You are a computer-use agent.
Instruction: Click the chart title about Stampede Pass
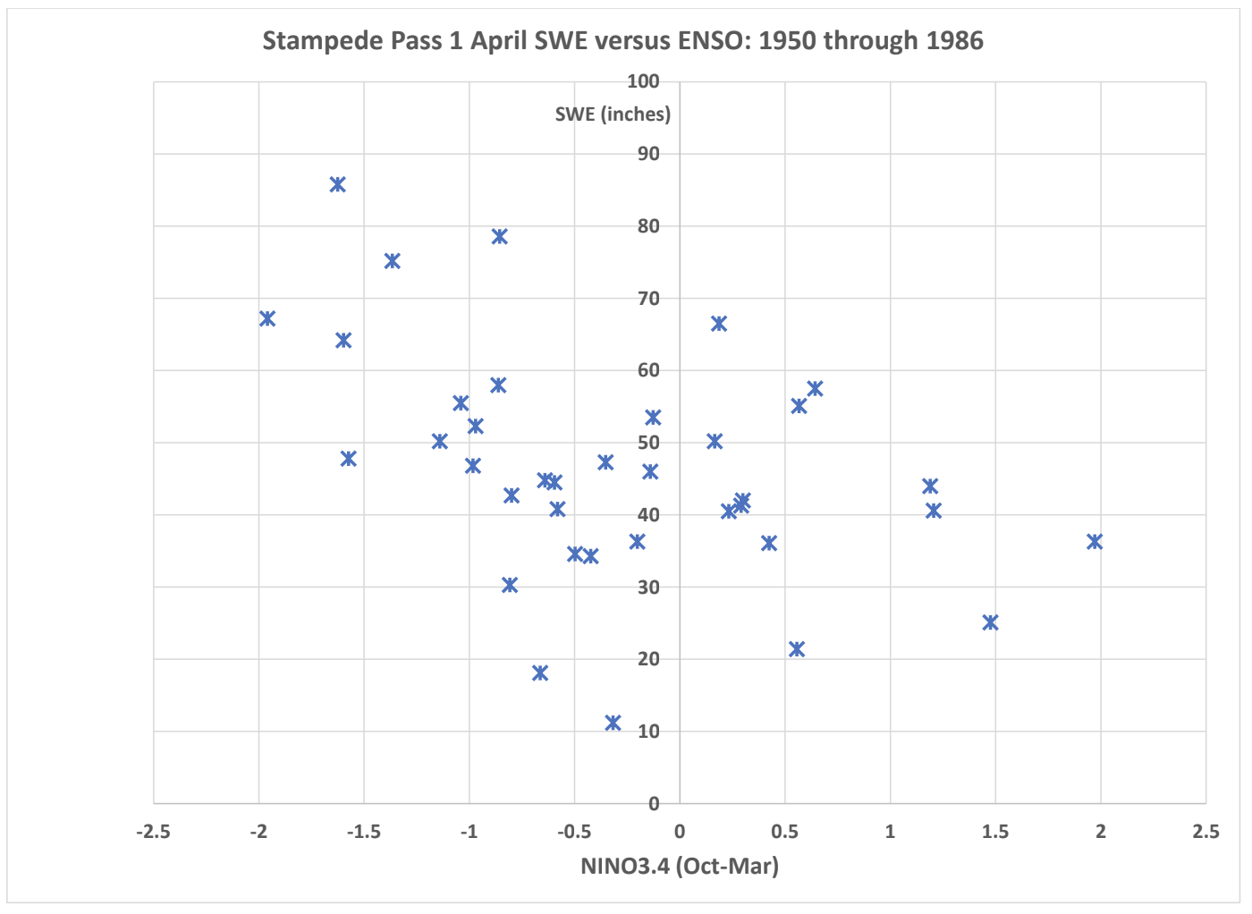622,41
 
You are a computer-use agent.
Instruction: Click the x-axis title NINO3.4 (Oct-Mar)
680,867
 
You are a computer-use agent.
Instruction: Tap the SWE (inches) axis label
613,114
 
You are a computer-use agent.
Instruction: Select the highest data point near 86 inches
337,185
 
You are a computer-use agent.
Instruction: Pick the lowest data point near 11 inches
613,723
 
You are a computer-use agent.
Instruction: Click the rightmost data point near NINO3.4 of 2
1095,542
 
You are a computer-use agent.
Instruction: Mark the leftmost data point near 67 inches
267,319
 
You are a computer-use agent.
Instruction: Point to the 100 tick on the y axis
643,82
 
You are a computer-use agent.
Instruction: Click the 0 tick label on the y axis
654,804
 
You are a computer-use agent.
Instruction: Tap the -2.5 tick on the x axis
153,832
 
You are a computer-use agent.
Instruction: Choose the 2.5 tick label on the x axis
1205,832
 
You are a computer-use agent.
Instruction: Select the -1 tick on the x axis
469,832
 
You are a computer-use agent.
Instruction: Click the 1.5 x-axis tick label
995,832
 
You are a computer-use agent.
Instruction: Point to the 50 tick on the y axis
648,443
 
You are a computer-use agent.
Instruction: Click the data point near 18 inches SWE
540,673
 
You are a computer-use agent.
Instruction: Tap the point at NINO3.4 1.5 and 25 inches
990,622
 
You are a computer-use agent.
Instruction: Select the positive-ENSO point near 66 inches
719,324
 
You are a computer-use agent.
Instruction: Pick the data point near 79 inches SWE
500,237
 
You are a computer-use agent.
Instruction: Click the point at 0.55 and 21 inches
797,649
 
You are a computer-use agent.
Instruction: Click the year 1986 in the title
954,41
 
